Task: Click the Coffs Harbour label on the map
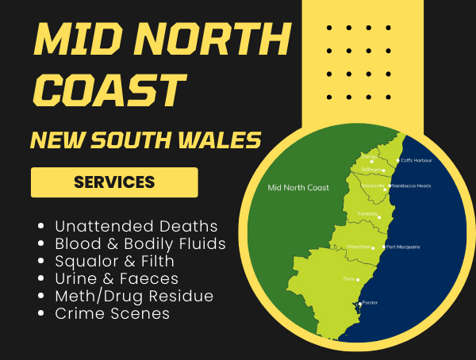(416, 159)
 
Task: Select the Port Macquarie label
(404, 247)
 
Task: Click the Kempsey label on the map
(367, 213)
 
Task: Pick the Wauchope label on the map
(359, 247)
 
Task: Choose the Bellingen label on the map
(372, 170)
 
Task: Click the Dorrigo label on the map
(369, 157)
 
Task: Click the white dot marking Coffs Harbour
(397, 160)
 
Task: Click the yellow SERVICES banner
(114, 182)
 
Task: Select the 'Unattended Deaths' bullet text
(136, 226)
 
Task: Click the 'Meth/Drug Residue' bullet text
(134, 296)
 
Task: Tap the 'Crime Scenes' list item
(112, 313)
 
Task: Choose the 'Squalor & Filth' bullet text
(115, 261)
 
